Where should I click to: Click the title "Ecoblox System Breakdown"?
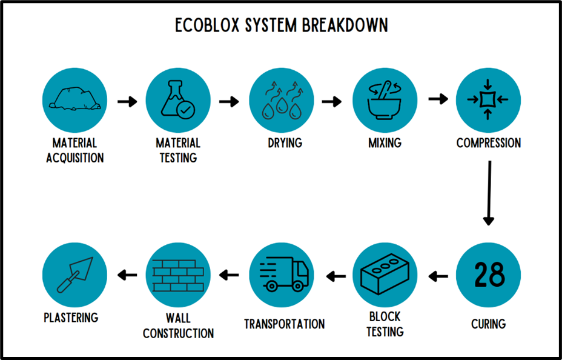click(281, 25)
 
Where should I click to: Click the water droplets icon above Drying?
click(282, 100)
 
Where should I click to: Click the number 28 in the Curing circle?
click(488, 275)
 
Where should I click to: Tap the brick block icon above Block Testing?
click(385, 275)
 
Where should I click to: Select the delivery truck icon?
click(282, 275)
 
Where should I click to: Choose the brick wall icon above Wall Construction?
click(178, 275)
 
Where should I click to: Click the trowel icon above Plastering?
click(74, 275)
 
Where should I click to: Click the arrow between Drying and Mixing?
click(332, 101)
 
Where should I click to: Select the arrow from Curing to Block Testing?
click(438, 277)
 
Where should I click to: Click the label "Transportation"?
click(284, 324)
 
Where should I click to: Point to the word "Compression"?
click(488, 144)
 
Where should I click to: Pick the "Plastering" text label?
click(71, 318)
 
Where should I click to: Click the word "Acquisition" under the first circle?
click(75, 158)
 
